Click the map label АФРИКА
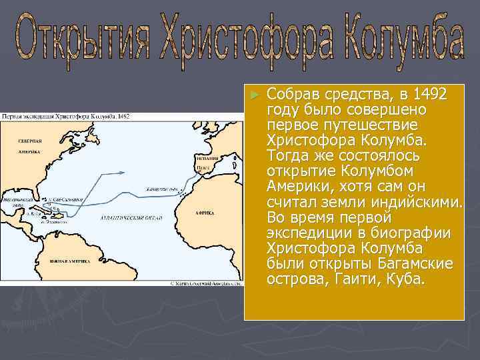coord(205,213)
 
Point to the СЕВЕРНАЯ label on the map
coord(31,141)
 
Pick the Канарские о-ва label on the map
coord(161,187)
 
